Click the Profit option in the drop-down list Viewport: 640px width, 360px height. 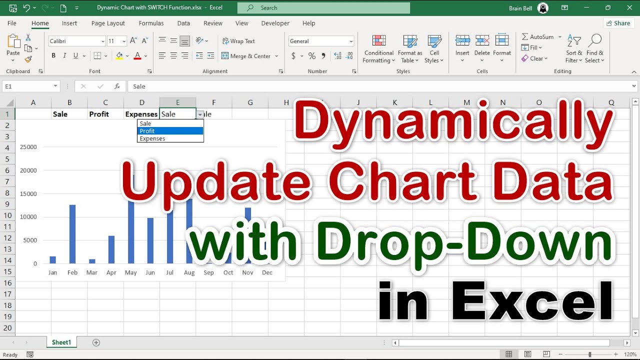point(170,131)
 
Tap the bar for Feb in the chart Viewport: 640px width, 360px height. point(72,234)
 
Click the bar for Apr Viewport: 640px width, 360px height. point(111,249)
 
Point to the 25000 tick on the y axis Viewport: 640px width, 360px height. point(28,147)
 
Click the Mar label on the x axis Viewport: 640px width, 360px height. point(91,272)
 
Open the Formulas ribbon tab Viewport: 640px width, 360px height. point(151,23)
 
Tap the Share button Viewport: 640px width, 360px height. point(618,23)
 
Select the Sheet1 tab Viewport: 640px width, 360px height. point(61,342)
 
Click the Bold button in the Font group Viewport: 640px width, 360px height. point(53,56)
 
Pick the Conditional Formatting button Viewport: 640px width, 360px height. point(378,49)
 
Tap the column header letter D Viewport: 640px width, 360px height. point(141,102)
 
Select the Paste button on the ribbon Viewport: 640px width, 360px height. point(13,46)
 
